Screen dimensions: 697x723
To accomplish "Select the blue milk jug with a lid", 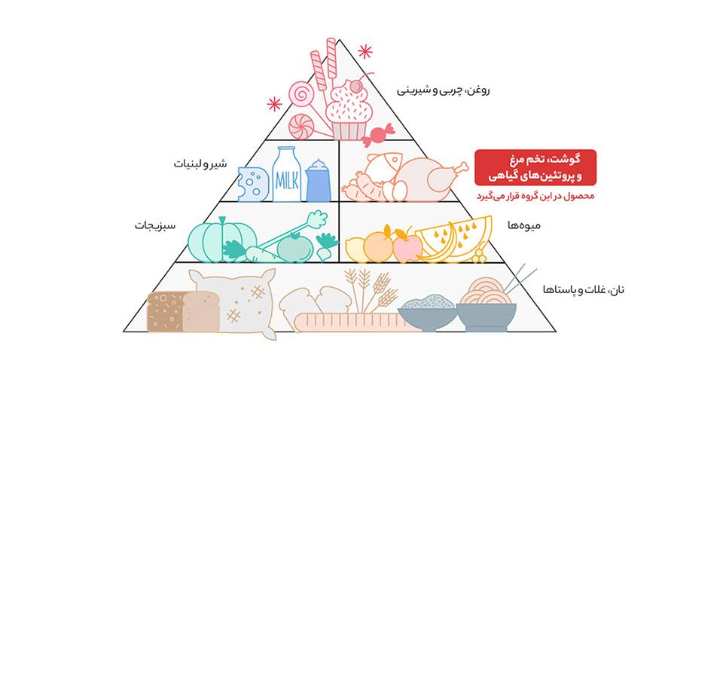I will (319, 182).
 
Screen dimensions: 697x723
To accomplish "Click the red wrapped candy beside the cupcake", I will (377, 135).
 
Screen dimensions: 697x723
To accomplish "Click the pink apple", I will (407, 246).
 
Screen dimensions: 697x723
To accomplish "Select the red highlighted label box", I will (535, 167).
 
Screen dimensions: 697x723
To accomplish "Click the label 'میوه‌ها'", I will (523, 225).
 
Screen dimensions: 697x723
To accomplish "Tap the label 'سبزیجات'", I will (155, 225).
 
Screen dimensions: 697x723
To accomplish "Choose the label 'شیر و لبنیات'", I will (200, 164).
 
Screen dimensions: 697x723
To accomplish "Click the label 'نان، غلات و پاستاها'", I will (584, 289).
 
